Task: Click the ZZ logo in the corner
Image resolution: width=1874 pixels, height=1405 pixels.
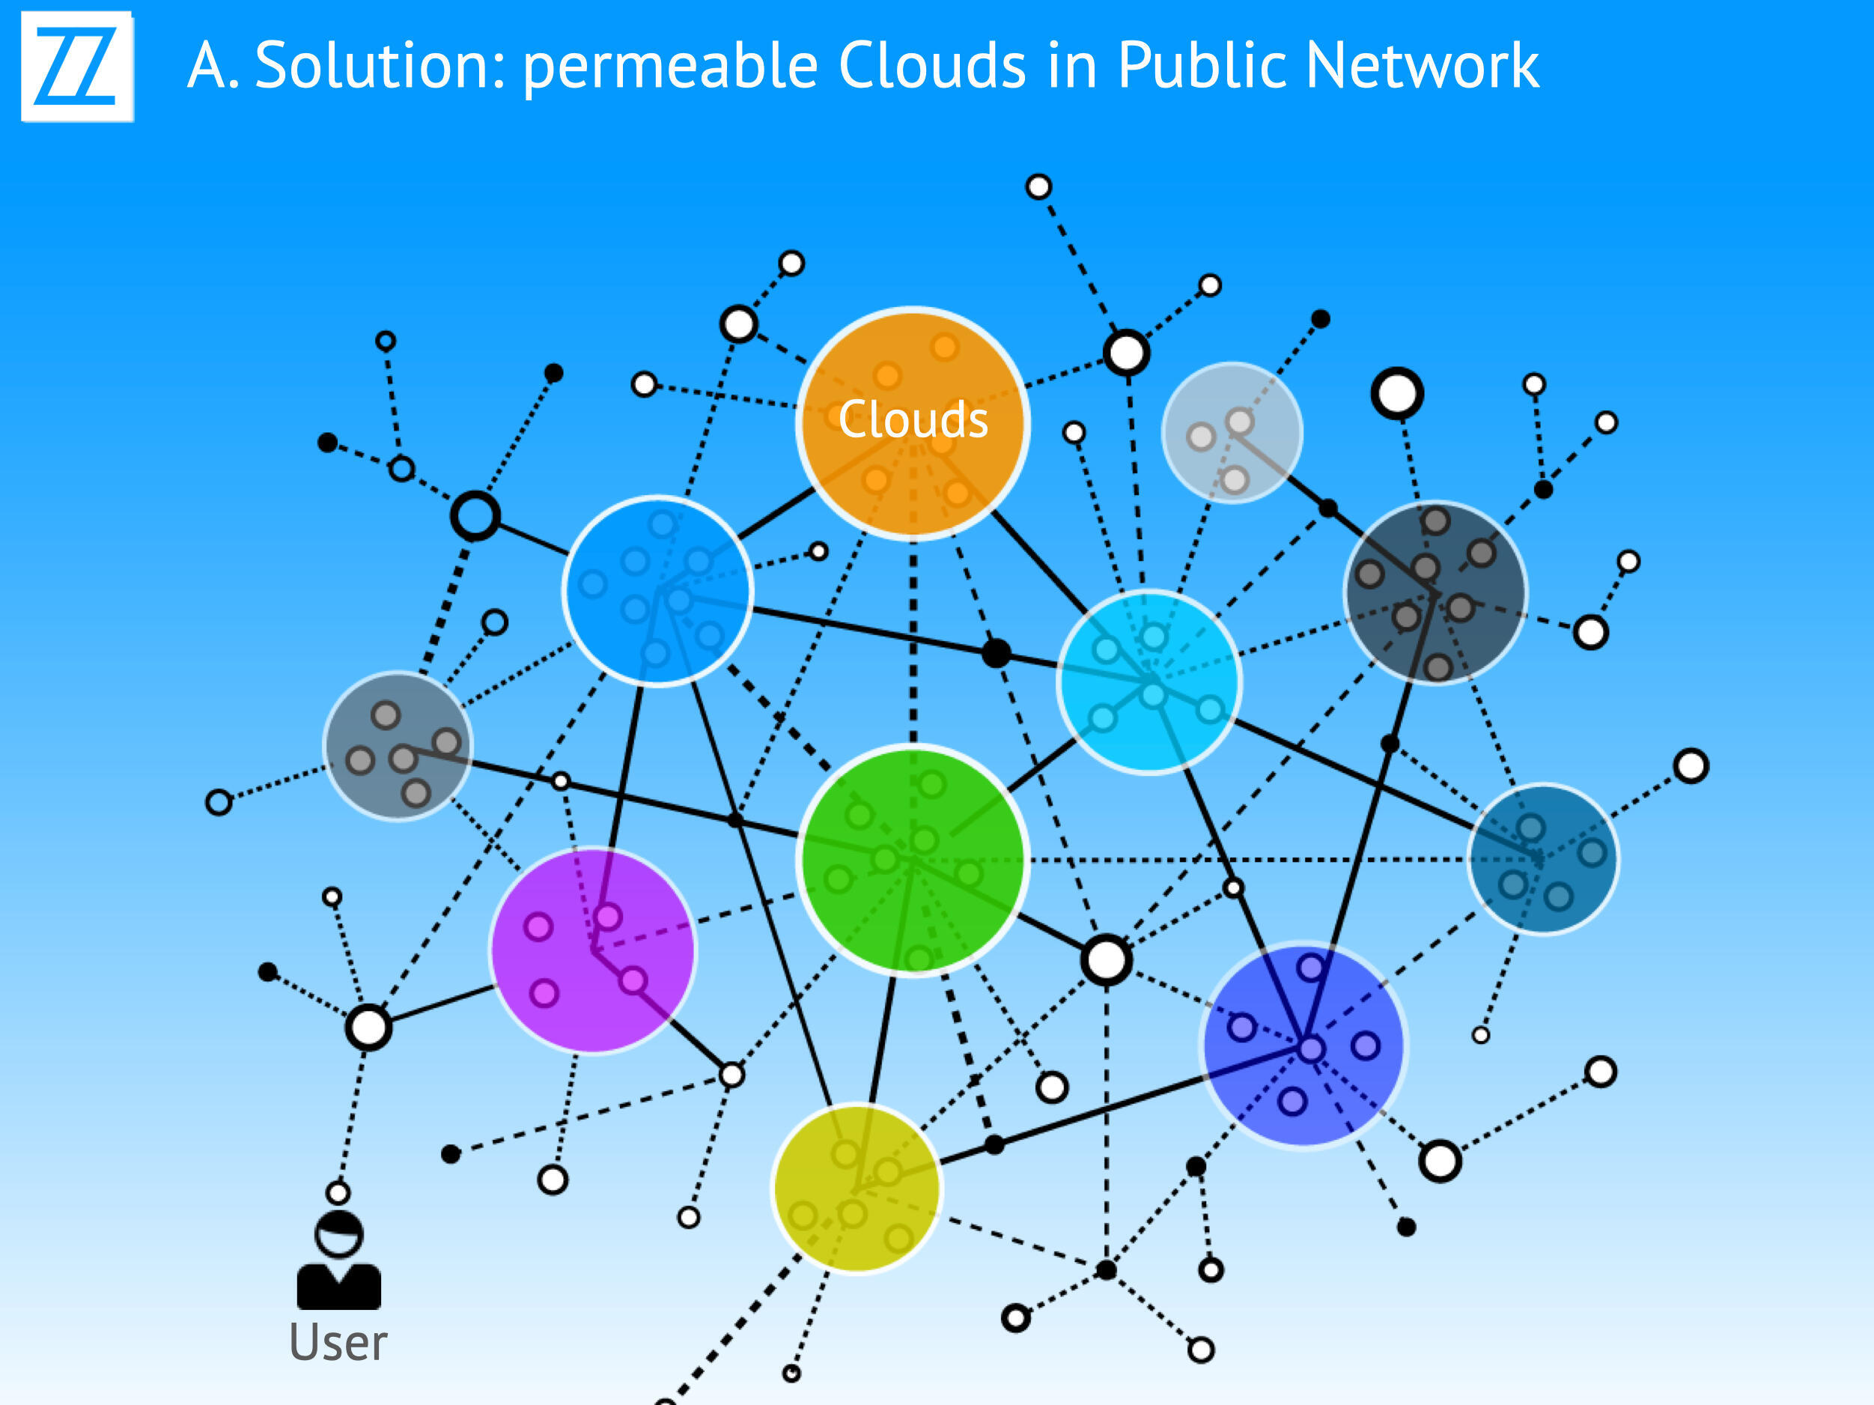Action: coord(77,66)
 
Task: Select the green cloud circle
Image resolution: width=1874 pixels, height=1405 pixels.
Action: coord(913,860)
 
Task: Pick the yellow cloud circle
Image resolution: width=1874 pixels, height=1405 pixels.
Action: coord(857,1187)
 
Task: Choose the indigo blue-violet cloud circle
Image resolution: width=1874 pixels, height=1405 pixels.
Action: coord(1303,1045)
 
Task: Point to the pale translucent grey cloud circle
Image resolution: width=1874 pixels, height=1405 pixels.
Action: coord(1232,432)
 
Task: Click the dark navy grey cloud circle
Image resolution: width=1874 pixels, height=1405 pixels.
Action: coord(1435,592)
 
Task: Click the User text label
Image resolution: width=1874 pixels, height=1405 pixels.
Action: coord(338,1342)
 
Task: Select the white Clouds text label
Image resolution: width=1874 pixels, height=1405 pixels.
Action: coord(913,419)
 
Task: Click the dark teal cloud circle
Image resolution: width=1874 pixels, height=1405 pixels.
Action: coord(1542,858)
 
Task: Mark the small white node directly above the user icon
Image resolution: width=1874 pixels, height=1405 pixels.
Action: coord(338,1193)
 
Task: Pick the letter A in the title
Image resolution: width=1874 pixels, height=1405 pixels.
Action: coord(208,65)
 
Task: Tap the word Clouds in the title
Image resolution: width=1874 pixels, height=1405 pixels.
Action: coord(932,65)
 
